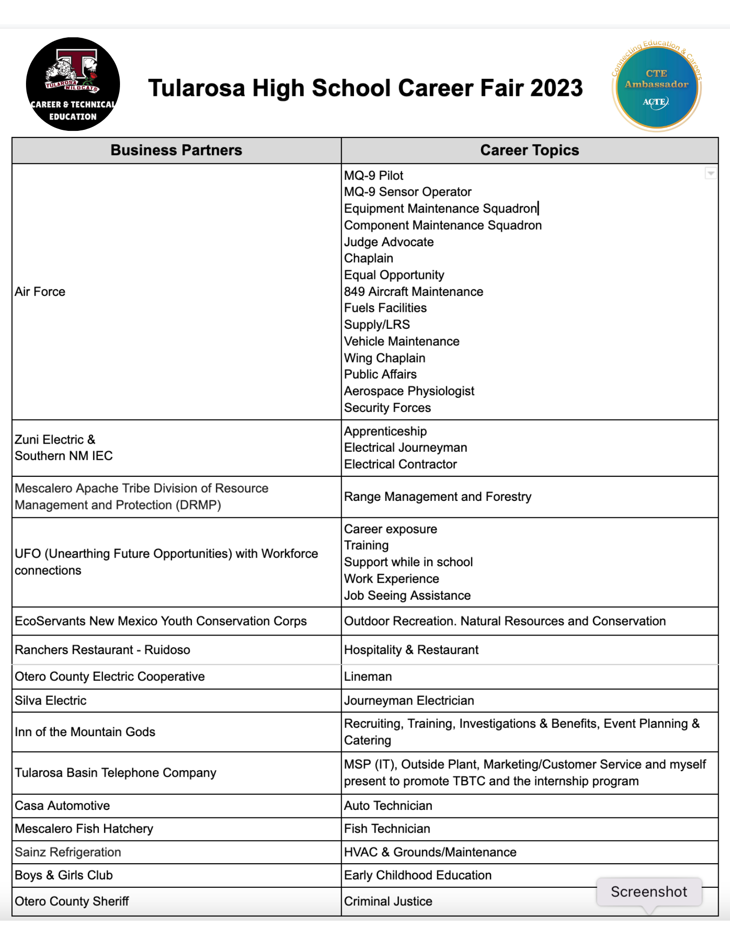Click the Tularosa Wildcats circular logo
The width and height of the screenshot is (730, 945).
click(73, 85)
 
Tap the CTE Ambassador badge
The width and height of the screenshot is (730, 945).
click(656, 86)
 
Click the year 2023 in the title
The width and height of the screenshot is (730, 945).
click(556, 88)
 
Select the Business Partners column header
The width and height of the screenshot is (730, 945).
click(176, 150)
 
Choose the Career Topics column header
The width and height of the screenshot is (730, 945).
click(529, 150)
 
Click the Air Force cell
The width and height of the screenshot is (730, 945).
click(40, 292)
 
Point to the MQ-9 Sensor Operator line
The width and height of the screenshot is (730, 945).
click(407, 192)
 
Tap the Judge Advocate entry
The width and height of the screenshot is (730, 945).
click(388, 242)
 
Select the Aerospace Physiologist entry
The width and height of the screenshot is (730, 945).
click(409, 391)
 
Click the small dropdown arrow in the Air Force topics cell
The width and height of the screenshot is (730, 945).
click(710, 173)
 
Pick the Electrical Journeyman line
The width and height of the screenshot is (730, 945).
click(405, 447)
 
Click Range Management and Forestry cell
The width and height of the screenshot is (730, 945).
click(438, 497)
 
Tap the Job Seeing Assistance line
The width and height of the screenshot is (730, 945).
click(407, 595)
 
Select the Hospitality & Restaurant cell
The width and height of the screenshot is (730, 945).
click(411, 650)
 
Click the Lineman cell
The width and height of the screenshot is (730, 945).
click(368, 677)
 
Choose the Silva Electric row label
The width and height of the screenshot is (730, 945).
click(51, 700)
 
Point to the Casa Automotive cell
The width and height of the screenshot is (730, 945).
click(62, 806)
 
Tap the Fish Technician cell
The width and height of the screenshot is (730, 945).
click(387, 829)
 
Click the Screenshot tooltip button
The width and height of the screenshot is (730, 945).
click(649, 892)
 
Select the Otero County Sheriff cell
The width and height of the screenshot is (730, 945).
click(72, 901)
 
